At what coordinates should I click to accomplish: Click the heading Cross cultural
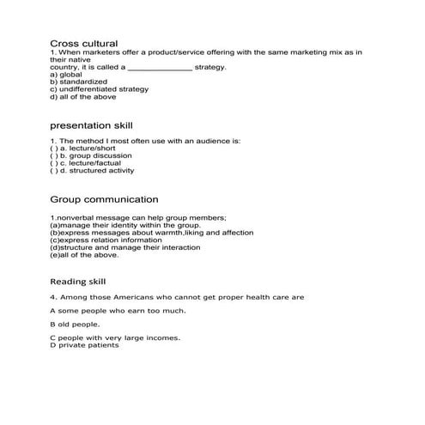(x=83, y=43)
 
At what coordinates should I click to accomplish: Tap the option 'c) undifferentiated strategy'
(x=99, y=89)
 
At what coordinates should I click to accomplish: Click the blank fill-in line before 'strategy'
(x=160, y=67)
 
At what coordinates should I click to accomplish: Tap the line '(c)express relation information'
(x=106, y=240)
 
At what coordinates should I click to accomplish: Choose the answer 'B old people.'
(x=75, y=324)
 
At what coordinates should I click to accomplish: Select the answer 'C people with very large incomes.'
(x=115, y=337)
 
